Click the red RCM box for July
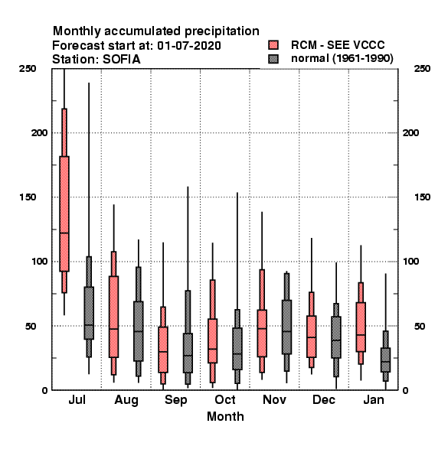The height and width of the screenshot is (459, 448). tap(64, 213)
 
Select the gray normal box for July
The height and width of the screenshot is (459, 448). tap(89, 313)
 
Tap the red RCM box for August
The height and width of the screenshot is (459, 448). tap(113, 317)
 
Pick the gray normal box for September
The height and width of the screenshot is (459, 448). tap(188, 353)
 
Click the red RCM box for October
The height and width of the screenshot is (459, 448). tap(213, 340)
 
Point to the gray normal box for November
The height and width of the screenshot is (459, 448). tap(287, 327)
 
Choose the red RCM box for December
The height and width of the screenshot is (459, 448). tap(312, 337)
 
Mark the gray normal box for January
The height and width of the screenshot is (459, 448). tap(386, 360)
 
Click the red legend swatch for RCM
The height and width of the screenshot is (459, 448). tap(273, 45)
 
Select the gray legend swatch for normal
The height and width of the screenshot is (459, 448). tap(273, 59)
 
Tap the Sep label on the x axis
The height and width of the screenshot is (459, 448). tap(176, 400)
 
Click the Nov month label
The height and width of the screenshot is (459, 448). tap(274, 399)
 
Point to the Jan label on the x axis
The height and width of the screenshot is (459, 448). tap(373, 399)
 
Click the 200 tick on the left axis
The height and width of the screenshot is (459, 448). tap(39, 132)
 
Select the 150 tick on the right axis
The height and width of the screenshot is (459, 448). tap(422, 197)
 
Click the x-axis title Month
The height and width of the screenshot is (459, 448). tap(225, 416)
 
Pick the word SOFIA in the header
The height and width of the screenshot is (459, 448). tap(122, 60)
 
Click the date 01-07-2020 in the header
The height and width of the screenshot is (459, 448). tap(189, 45)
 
